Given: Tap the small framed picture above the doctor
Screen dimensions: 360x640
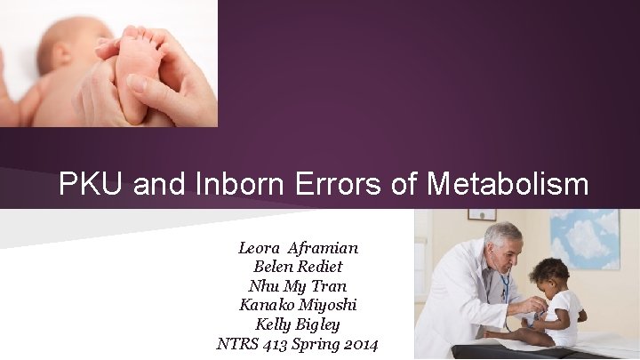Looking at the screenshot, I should tap(482, 214).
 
